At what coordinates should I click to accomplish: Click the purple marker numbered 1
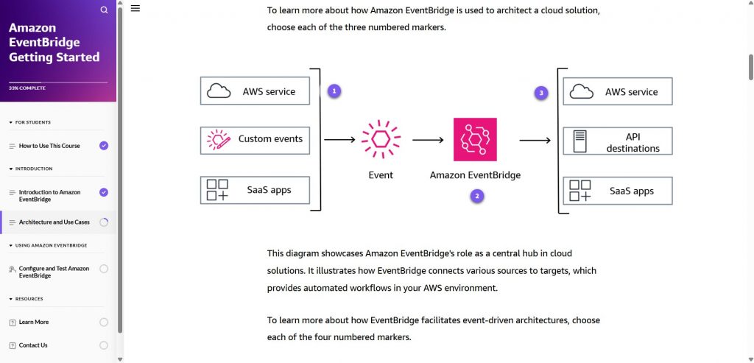334,91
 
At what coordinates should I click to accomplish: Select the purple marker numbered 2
477,196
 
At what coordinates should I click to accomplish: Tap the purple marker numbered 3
542,93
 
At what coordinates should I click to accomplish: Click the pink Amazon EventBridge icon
475,139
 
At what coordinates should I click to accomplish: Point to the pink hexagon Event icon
381,139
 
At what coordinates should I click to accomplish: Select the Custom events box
255,139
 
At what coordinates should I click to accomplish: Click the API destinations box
617,141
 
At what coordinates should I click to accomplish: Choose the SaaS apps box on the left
255,190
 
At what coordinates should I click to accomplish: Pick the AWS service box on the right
617,91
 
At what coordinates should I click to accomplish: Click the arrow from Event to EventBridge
427,139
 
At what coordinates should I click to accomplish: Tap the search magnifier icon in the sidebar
104,10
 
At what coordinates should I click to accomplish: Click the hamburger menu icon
135,8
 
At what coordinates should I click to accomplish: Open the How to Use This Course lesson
49,146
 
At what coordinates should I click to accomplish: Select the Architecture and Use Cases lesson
54,222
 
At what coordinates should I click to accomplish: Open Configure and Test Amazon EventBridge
54,272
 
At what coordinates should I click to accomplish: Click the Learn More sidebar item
34,322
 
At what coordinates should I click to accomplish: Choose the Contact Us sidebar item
33,345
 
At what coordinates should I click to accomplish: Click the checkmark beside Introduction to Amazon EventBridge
104,192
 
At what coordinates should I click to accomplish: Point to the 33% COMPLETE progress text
27,88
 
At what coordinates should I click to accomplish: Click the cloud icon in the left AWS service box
219,91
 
